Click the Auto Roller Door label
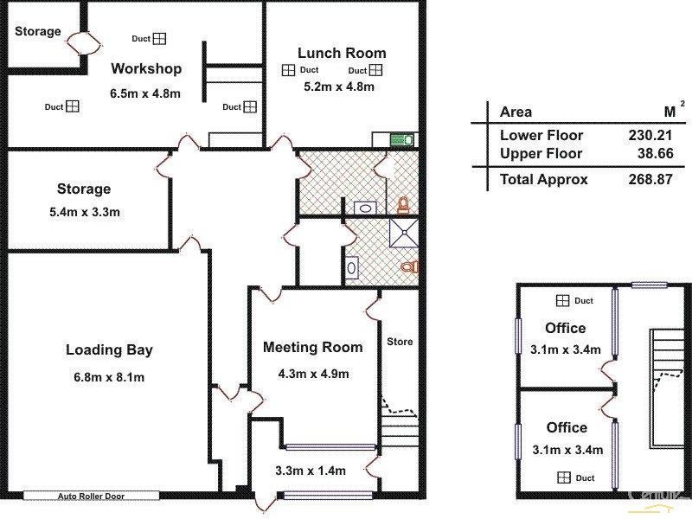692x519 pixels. tap(91, 496)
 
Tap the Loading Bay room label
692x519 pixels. tap(110, 349)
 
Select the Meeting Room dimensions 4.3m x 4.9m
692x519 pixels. tap(313, 374)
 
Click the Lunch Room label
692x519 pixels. tap(342, 53)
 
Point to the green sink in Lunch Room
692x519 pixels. tap(402, 140)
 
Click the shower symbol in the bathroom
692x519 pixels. tap(403, 233)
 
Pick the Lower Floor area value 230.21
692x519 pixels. tap(650, 135)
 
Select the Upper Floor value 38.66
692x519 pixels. tap(656, 154)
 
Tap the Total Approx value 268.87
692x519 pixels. tap(650, 179)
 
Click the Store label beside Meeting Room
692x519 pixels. tap(400, 342)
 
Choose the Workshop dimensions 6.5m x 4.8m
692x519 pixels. tap(145, 93)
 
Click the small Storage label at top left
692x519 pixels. tap(38, 31)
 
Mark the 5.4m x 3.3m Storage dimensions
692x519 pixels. tap(85, 212)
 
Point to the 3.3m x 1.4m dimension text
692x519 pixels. tap(311, 471)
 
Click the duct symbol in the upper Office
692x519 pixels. tap(562, 301)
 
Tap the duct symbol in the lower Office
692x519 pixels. tap(564, 477)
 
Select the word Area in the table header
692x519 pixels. tap(516, 112)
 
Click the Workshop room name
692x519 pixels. tap(146, 69)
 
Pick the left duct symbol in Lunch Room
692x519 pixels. tap(288, 70)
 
